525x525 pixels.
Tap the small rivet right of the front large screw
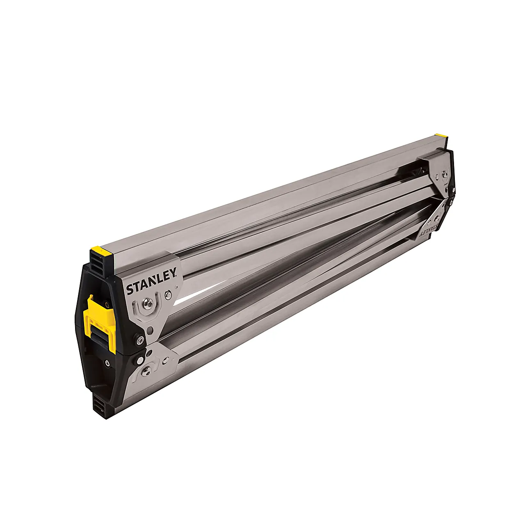(167, 294)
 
